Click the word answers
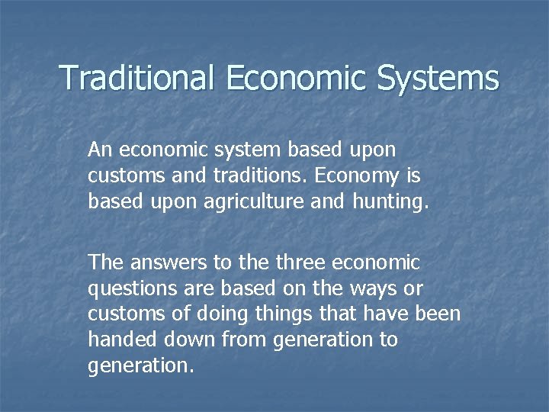point(161,263)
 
